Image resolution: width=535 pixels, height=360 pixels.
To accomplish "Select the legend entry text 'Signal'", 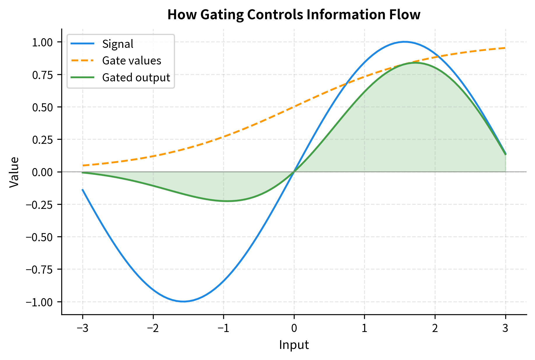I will (118, 44).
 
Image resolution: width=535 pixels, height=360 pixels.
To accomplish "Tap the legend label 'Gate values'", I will (132, 61).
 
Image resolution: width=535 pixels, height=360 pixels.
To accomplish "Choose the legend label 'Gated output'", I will (136, 78).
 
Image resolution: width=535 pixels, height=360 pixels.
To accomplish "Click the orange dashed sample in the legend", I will (83, 61).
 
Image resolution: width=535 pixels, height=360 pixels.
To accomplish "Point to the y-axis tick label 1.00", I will (42, 43).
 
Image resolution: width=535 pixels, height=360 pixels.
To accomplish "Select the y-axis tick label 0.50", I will (42, 107).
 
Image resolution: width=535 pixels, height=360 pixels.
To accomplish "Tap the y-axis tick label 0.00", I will (42, 172).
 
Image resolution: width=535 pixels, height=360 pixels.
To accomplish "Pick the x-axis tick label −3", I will (83, 328).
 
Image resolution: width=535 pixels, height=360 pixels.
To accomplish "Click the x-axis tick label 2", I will (435, 328).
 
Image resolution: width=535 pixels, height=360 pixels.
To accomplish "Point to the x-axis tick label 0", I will (294, 328).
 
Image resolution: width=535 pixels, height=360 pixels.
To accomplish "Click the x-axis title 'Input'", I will (294, 345).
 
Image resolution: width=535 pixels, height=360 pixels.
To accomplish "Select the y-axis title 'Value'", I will (14, 172).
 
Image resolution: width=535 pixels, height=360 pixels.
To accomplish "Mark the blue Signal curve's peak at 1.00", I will (405, 42).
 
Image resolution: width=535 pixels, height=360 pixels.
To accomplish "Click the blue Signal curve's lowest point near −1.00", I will (183, 301).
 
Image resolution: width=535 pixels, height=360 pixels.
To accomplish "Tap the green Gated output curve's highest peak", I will (414, 62).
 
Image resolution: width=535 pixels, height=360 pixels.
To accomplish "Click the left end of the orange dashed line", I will (83, 165).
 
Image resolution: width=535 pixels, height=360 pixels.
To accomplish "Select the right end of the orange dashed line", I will (505, 48).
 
